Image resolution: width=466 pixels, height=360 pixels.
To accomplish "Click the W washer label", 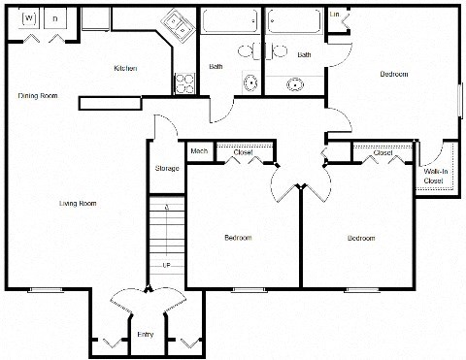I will pyautogui.click(x=29, y=18).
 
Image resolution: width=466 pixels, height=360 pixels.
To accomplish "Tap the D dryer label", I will pyautogui.click(x=55, y=18).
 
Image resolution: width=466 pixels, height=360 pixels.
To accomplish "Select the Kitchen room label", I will pyautogui.click(x=125, y=68).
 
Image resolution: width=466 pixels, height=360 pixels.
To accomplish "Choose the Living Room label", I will pyautogui.click(x=78, y=203).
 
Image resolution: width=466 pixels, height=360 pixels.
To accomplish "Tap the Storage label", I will pyautogui.click(x=167, y=169).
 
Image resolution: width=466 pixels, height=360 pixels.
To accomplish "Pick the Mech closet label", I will pyautogui.click(x=198, y=150).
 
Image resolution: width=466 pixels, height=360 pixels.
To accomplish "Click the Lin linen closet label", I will pyautogui.click(x=336, y=15).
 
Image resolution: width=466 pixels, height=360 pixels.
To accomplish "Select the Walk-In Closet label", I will pyautogui.click(x=434, y=176).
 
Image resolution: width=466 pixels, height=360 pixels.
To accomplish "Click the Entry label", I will pyautogui.click(x=146, y=335).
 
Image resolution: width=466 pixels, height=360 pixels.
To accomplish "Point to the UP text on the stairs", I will pyautogui.click(x=166, y=263).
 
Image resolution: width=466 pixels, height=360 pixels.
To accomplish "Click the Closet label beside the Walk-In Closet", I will pyautogui.click(x=383, y=152).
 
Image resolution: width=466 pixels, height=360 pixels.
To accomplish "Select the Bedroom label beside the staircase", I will pyautogui.click(x=239, y=238).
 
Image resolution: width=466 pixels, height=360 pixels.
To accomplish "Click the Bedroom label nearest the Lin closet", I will pyautogui.click(x=393, y=74).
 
